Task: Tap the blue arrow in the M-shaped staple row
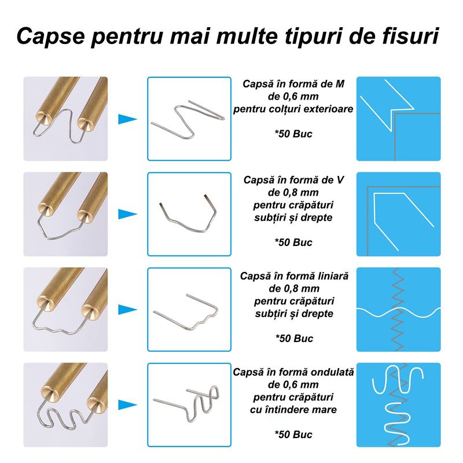(x=127, y=120)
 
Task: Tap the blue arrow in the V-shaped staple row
(x=127, y=214)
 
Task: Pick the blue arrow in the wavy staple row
(x=127, y=405)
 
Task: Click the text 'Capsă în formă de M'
(x=293, y=84)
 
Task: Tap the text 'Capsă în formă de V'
(x=293, y=180)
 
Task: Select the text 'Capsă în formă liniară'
(x=294, y=276)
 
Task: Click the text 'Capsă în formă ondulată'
(x=294, y=371)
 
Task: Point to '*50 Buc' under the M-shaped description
(x=293, y=134)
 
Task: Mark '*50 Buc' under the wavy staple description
(x=293, y=435)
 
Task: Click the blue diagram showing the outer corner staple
(x=398, y=119)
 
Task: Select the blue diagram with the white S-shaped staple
(x=398, y=405)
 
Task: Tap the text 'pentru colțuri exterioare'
(x=293, y=109)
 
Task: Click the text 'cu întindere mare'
(x=293, y=410)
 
